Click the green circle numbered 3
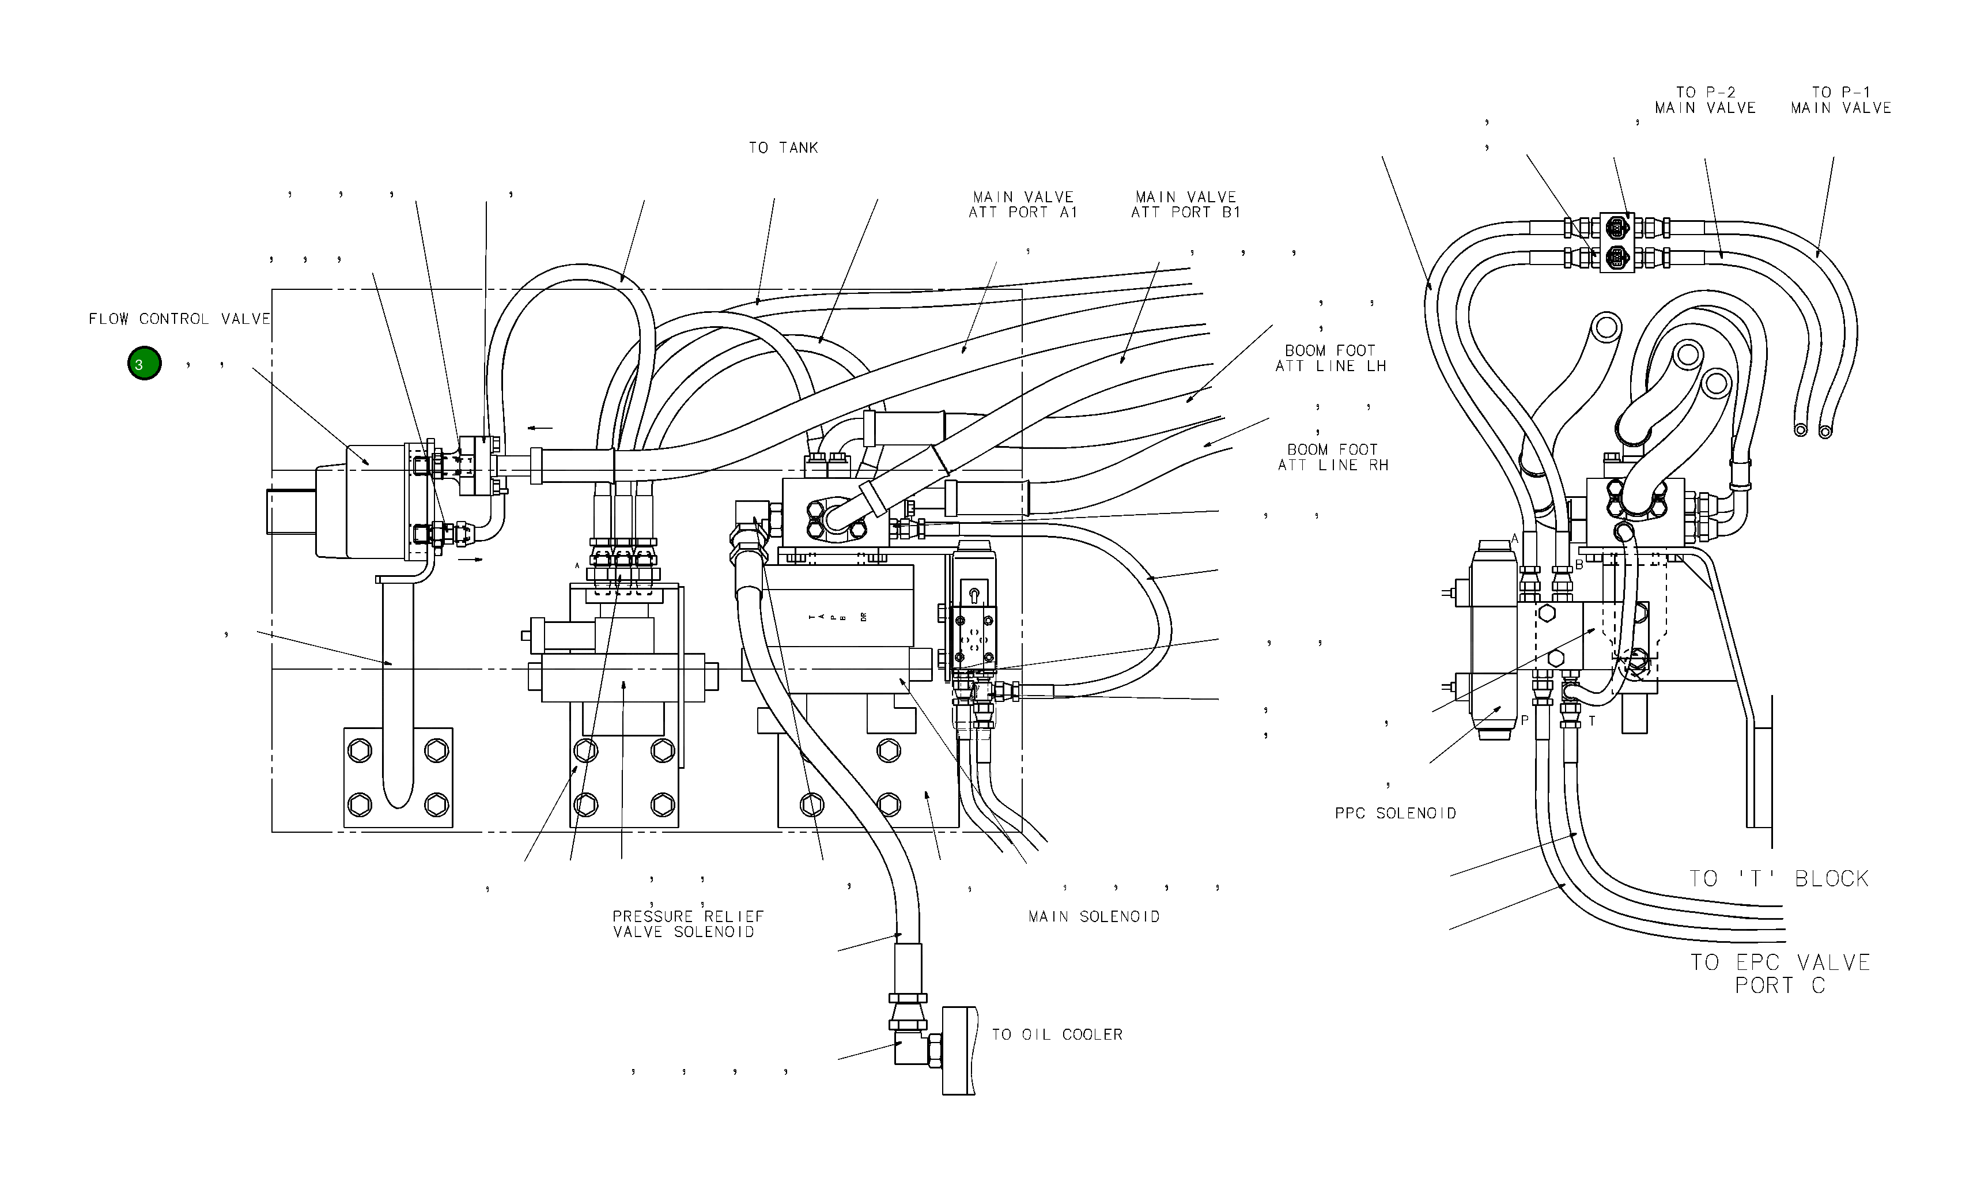pyautogui.click(x=144, y=364)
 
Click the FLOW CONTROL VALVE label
pyautogui.click(x=179, y=319)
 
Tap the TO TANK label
pyautogui.click(x=783, y=148)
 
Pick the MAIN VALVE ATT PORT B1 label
pyautogui.click(x=1185, y=205)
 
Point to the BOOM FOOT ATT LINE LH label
pyautogui.click(x=1330, y=358)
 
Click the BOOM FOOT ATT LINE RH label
pyautogui.click(x=1333, y=457)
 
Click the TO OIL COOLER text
pyautogui.click(x=1057, y=1034)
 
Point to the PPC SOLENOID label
pyautogui.click(x=1395, y=813)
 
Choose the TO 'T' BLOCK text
pyautogui.click(x=1779, y=878)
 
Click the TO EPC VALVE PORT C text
pyautogui.click(x=1781, y=973)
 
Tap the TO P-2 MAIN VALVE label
pyautogui.click(x=1704, y=100)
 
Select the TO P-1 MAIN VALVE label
pyautogui.click(x=1840, y=100)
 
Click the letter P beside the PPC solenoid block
pyautogui.click(x=1524, y=720)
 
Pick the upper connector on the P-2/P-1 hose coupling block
pyautogui.click(x=1617, y=228)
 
